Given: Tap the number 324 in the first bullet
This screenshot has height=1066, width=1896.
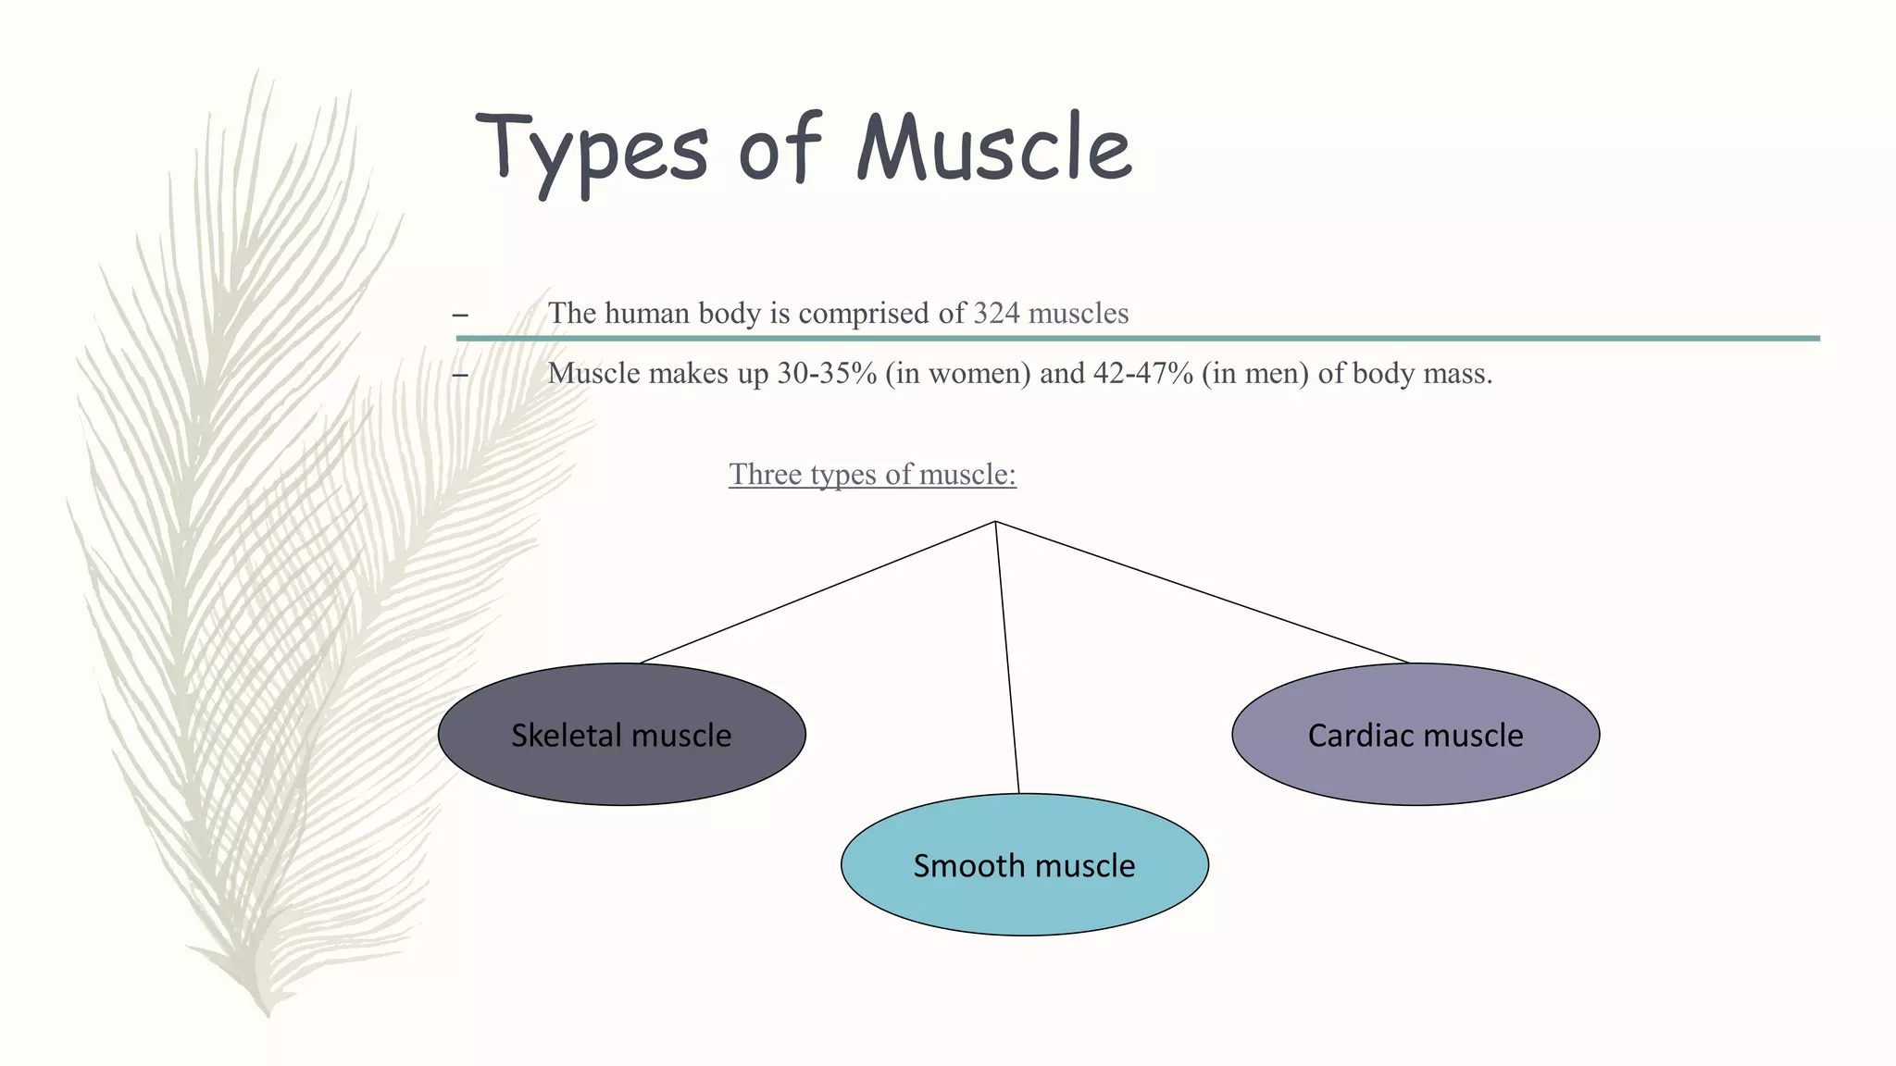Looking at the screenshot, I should (x=996, y=313).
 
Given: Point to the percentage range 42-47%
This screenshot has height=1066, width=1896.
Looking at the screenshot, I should (x=1143, y=374).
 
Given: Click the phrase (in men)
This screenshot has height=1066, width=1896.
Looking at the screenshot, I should (x=1255, y=374).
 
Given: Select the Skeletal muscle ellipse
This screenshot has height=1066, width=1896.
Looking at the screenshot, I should (x=621, y=735).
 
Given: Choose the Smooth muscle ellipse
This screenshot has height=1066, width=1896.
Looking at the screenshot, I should (x=1024, y=864).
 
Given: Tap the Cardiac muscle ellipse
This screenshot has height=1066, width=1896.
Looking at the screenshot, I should (x=1416, y=735).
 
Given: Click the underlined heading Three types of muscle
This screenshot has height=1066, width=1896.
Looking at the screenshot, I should (x=872, y=474).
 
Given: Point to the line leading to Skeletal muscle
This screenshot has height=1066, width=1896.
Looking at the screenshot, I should (x=818, y=592).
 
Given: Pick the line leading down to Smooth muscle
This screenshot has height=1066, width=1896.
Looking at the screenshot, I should (x=1007, y=657).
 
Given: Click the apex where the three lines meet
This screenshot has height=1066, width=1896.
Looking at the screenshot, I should (x=995, y=522).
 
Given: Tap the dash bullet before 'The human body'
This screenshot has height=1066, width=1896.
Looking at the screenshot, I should (x=460, y=315).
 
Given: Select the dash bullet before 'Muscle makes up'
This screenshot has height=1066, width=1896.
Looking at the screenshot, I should (x=460, y=375).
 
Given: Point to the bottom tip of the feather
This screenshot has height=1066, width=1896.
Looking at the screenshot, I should (x=268, y=1014).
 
